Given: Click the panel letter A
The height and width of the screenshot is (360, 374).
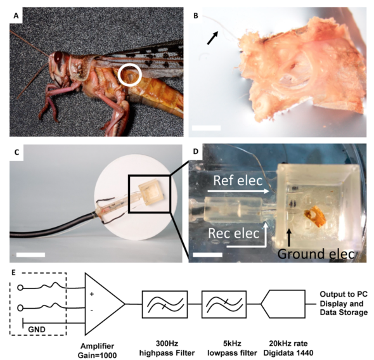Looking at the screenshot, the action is [16, 16].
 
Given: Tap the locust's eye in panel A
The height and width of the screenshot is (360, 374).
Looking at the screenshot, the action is [58, 57].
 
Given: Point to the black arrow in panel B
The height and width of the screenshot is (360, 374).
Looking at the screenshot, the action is [213, 38].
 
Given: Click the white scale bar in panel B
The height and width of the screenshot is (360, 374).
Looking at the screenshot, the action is [206, 128].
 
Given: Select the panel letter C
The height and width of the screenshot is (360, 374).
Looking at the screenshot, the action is [16, 152].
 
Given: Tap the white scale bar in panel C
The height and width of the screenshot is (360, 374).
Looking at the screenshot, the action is [31, 255].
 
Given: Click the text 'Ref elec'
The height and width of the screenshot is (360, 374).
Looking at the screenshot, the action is [238, 181].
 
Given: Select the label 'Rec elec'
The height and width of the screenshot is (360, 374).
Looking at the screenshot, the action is [234, 233].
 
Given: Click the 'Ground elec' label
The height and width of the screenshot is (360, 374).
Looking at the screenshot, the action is [316, 254].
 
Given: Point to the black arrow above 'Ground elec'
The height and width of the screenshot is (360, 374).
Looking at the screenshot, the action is [289, 238].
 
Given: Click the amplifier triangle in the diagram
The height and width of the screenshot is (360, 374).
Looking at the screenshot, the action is [105, 304].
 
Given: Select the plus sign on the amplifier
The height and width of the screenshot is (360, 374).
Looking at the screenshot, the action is [91, 294].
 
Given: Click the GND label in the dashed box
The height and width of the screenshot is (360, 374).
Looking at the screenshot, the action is [37, 330].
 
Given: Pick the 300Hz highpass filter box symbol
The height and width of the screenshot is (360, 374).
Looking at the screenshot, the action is [165, 304].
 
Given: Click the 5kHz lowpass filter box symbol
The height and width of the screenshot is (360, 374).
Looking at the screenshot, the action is [224, 304].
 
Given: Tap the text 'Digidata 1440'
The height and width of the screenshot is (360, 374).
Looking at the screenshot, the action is [288, 352].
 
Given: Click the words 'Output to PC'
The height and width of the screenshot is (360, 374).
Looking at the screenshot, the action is [344, 294].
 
